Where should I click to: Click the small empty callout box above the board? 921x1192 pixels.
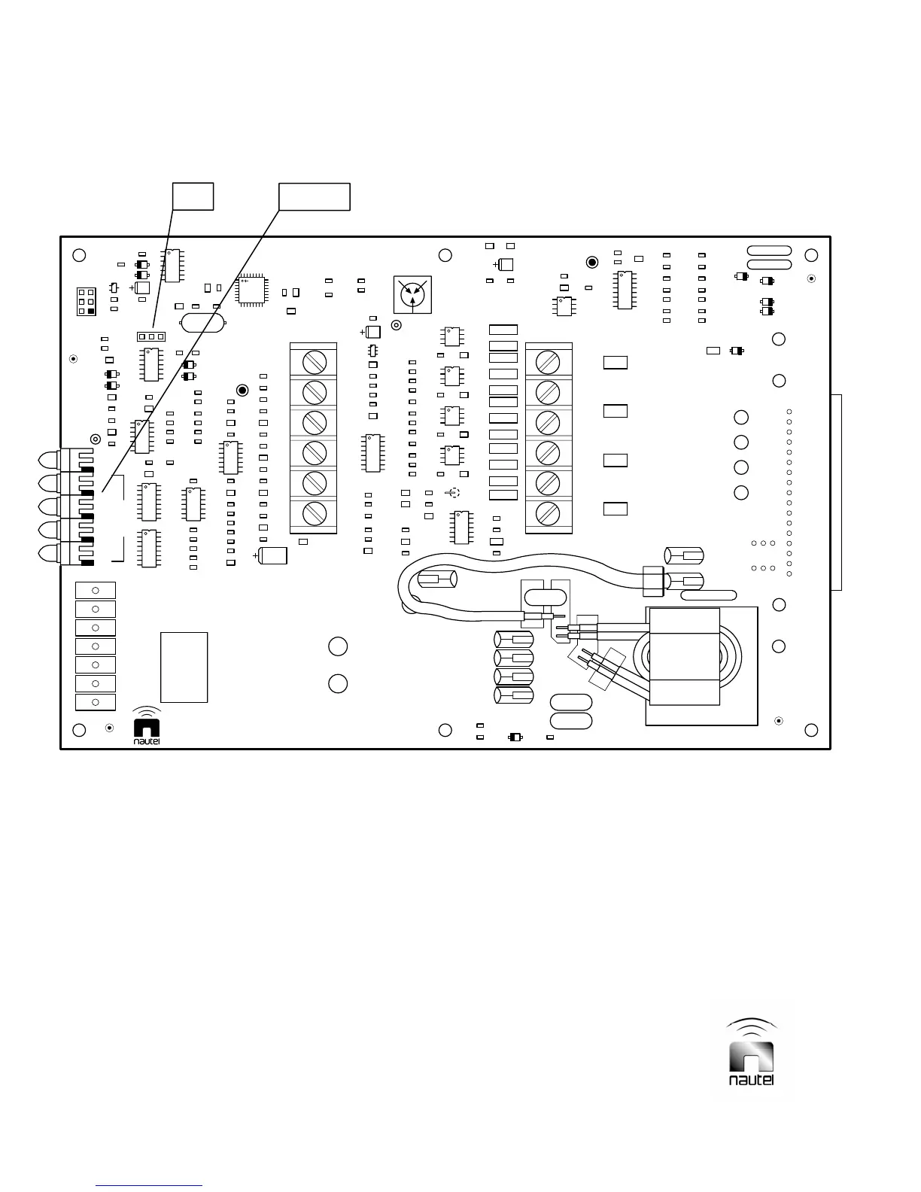point(193,196)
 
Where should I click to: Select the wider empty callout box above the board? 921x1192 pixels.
point(314,196)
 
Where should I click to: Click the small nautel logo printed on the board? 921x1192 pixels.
point(147,727)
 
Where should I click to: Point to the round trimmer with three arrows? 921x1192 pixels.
point(412,294)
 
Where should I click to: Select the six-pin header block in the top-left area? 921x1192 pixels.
point(87,302)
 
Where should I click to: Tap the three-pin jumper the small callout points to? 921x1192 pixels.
point(151,336)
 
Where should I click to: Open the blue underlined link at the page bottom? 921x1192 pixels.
point(150,1185)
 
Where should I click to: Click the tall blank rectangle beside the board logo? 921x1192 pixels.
point(184,667)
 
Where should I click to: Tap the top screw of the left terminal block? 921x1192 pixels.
point(314,362)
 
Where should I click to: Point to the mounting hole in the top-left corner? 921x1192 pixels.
point(79,255)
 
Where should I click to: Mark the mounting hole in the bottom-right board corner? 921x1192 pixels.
point(811,730)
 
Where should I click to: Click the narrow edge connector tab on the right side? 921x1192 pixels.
point(836,492)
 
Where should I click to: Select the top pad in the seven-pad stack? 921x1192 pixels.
point(96,591)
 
